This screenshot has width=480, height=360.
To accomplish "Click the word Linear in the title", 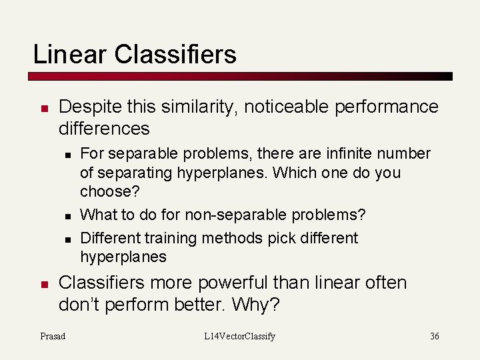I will point(70,54).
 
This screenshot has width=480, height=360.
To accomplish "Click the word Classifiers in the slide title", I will point(175,54).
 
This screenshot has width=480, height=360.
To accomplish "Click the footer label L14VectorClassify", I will point(239,336).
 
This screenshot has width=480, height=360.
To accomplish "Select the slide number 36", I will point(434,336).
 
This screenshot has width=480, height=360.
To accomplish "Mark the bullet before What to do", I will point(68,216).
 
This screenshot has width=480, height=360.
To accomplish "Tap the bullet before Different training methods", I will point(68,239).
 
